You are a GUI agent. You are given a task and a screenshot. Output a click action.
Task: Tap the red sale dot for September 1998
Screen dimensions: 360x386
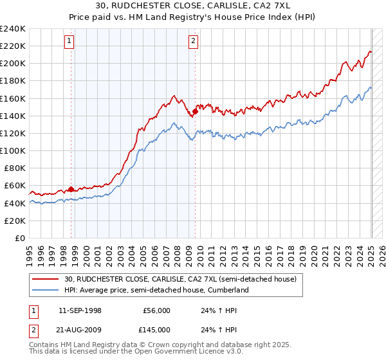click(x=71, y=189)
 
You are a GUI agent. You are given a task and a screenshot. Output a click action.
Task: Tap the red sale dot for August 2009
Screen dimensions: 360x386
click(x=195, y=111)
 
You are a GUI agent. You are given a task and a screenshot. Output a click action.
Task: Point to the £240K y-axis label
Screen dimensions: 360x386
click(x=13, y=29)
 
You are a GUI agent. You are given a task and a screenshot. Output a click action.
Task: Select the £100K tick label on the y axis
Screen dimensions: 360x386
click(x=13, y=150)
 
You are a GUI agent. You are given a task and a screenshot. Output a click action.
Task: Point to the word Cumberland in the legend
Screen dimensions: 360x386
click(x=227, y=290)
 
